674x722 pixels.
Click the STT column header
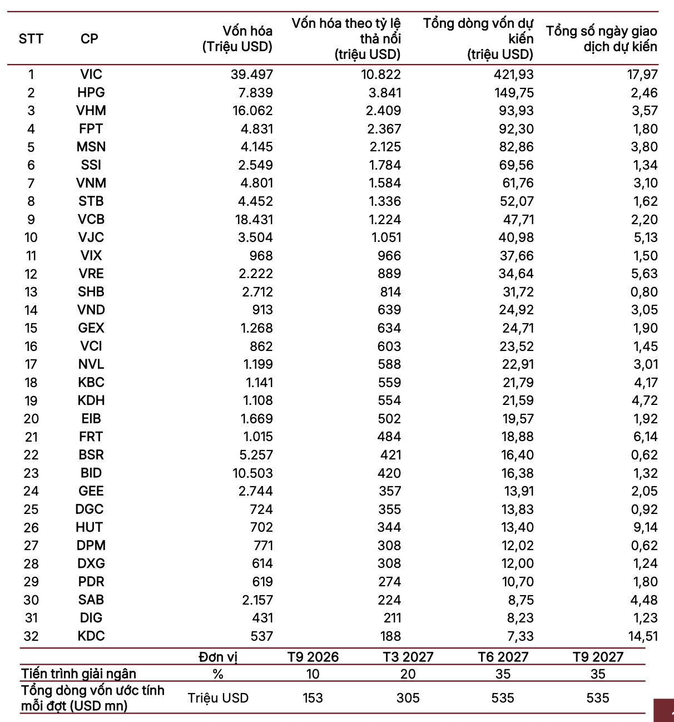(31, 39)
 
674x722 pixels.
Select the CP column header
(90, 39)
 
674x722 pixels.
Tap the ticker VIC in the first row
(91, 75)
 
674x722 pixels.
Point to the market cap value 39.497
(252, 75)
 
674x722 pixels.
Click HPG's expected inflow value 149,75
(514, 93)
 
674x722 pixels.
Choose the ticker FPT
(91, 129)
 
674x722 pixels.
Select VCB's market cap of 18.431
(254, 220)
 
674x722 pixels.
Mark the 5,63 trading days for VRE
(645, 274)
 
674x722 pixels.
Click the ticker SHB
(91, 292)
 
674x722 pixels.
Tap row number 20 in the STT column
(31, 419)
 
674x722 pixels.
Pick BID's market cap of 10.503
(252, 473)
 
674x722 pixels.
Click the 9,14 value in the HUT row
(645, 527)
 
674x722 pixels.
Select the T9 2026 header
(313, 657)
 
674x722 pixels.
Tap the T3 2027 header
(408, 657)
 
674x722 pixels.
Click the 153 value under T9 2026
(313, 698)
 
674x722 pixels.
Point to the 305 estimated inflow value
(408, 698)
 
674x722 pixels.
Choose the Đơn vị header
(218, 657)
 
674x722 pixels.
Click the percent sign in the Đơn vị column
(218, 674)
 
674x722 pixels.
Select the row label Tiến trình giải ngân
(78, 674)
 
